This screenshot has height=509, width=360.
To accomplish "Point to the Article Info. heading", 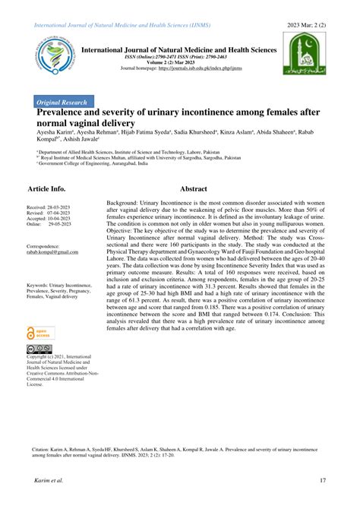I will point(46,188).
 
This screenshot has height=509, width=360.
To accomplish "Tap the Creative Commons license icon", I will point(38,350).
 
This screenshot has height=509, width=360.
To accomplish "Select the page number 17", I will point(323,479).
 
